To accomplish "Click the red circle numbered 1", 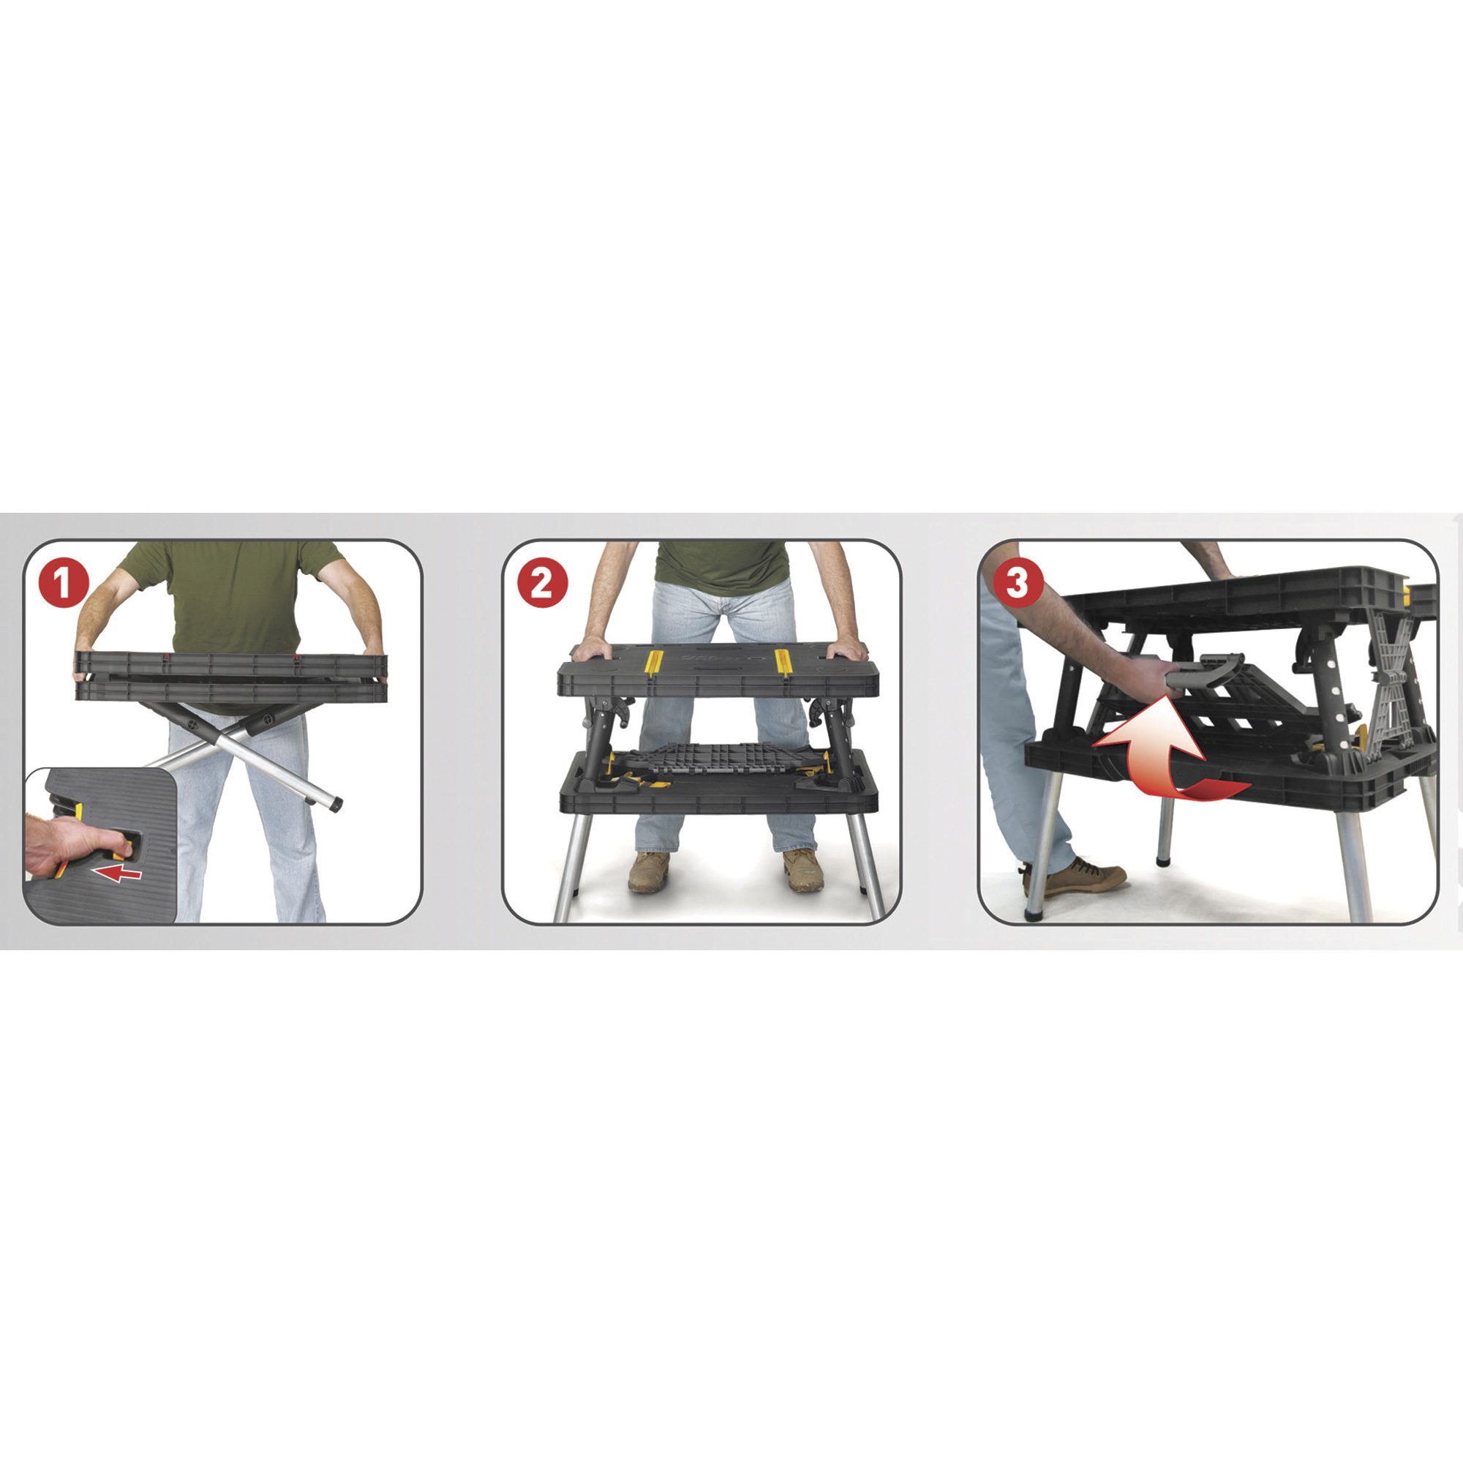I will coord(64,582).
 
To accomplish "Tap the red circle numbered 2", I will coord(542,582).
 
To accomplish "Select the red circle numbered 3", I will coord(1017,582).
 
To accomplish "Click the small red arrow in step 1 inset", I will coord(120,874).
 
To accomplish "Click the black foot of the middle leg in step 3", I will coord(1162,860).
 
